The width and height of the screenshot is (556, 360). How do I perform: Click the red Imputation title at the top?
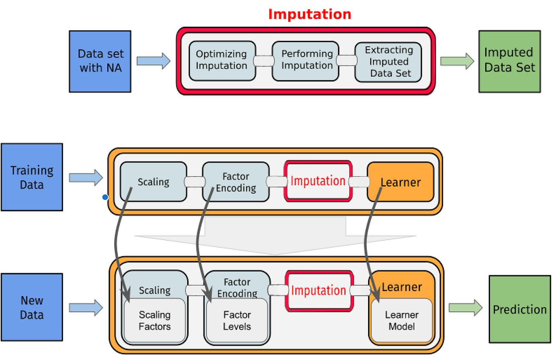coord(310,14)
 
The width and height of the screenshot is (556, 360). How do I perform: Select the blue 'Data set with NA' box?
coord(100,61)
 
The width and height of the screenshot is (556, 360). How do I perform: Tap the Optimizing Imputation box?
coord(221,61)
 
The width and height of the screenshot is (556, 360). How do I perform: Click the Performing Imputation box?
coord(307,61)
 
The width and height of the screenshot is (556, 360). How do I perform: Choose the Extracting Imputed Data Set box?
coord(388,62)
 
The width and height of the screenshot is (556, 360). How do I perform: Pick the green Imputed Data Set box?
coord(509,61)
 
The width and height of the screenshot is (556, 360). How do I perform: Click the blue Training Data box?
coord(32,177)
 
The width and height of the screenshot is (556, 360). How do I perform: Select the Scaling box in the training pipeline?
coord(154,181)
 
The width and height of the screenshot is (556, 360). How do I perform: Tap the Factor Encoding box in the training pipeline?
coord(236,181)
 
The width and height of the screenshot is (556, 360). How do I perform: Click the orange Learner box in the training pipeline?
coord(400,181)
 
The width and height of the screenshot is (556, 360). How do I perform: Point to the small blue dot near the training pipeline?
coord(105,197)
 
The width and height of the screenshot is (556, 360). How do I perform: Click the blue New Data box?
coord(32,307)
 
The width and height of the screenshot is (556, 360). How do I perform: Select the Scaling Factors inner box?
coord(155,321)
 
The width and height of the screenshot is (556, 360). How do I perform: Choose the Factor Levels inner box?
coord(237,321)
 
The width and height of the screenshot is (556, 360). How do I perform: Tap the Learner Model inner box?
coord(402,321)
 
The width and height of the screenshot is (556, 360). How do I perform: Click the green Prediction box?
coord(520,309)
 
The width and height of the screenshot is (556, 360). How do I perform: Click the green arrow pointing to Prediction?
coord(466,308)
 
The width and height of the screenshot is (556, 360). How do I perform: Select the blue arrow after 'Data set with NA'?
coord(153,61)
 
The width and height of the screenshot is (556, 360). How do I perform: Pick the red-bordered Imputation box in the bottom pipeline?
coord(319,290)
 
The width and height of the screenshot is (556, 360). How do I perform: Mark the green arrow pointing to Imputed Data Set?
coord(457,61)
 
